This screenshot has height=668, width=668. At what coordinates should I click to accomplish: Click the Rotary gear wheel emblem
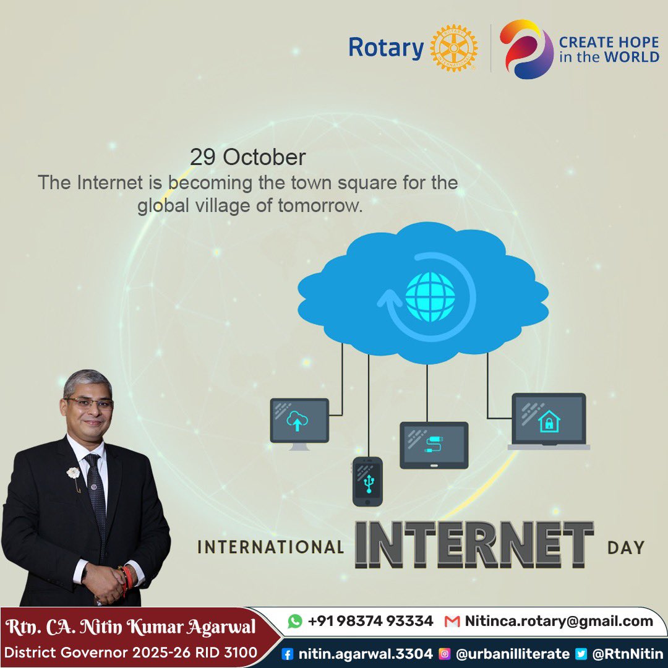point(454,48)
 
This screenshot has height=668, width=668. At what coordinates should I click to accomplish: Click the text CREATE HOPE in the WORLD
point(609,49)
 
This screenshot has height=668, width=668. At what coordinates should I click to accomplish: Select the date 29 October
point(247,157)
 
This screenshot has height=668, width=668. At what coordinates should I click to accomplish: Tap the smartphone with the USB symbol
point(367,481)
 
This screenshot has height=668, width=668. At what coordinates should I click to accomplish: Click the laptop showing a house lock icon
point(549,421)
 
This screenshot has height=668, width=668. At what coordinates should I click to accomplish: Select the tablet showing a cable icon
point(434,445)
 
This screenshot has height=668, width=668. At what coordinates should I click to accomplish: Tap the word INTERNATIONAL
point(270,547)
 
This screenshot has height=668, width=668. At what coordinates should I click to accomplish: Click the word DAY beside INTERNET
point(626,547)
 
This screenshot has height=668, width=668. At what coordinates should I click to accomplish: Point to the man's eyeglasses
point(90,403)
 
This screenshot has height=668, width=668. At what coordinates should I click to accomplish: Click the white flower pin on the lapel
point(74,473)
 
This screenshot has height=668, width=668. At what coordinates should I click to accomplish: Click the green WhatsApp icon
point(296,621)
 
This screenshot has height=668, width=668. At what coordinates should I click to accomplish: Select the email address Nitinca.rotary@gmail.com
point(559,621)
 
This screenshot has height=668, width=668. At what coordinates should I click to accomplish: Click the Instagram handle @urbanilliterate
point(512,653)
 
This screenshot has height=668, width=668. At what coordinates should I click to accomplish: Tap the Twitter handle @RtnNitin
point(627,653)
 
